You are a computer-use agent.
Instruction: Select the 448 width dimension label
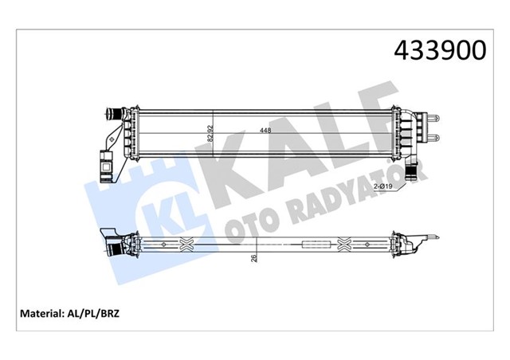(x=262, y=131)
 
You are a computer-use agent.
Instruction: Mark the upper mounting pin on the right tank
(x=435, y=120)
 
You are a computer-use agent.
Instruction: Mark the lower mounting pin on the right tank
(x=435, y=140)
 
